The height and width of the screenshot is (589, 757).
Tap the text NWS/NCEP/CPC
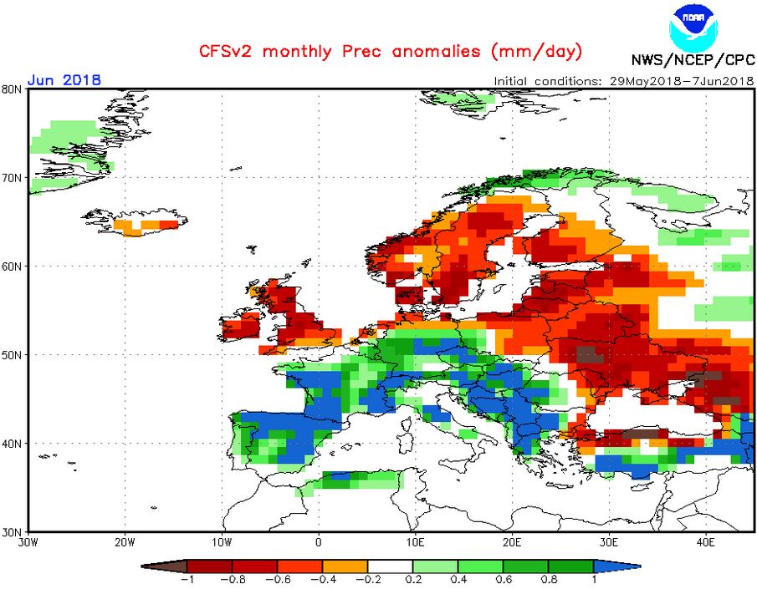pos(693,60)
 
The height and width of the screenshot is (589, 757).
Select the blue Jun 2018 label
pos(64,79)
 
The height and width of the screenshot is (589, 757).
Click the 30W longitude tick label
pos(28,541)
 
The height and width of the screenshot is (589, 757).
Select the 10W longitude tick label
pos(222,541)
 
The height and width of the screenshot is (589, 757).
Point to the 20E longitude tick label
pos(512,541)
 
